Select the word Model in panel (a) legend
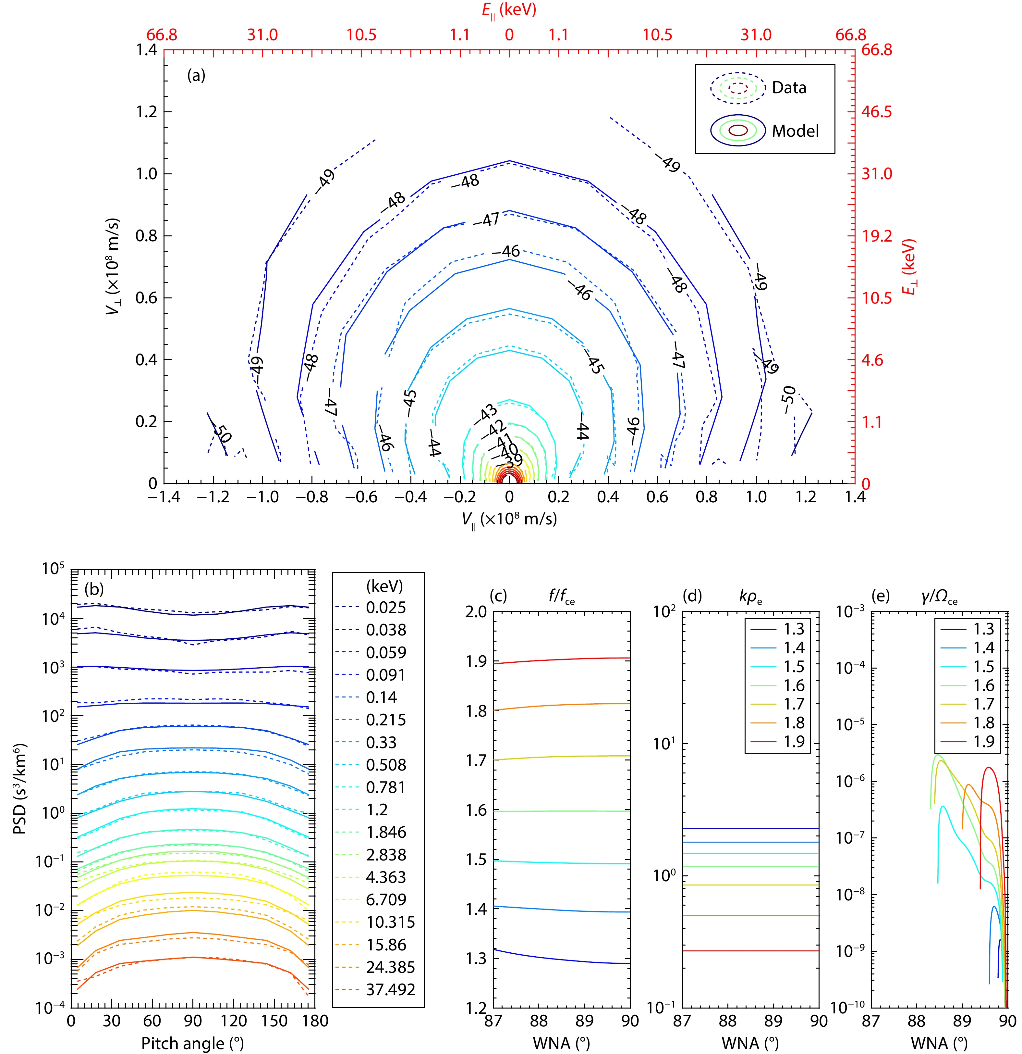(795, 131)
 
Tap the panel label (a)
(196, 75)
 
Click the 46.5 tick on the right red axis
(876, 112)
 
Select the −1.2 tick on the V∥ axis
(213, 497)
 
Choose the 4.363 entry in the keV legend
(386, 877)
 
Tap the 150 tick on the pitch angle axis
(274, 1021)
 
